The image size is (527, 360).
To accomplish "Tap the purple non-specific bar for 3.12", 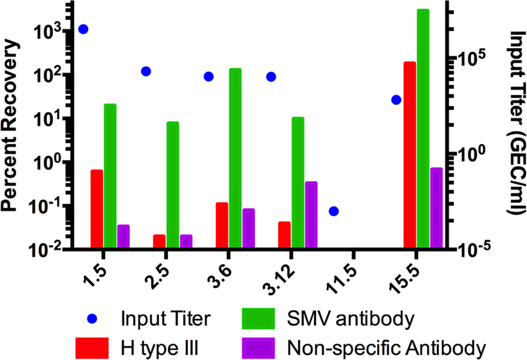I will [x=311, y=215].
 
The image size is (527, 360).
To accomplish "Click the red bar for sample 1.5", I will [x=96, y=208].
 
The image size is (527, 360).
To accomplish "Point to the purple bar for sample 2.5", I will [x=186, y=241].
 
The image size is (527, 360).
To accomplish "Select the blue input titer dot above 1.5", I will [x=83, y=29].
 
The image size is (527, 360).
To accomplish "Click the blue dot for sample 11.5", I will [x=333, y=211].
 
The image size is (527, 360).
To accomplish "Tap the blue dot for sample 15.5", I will [x=396, y=100].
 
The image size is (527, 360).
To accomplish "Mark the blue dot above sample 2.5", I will [x=145, y=71].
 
